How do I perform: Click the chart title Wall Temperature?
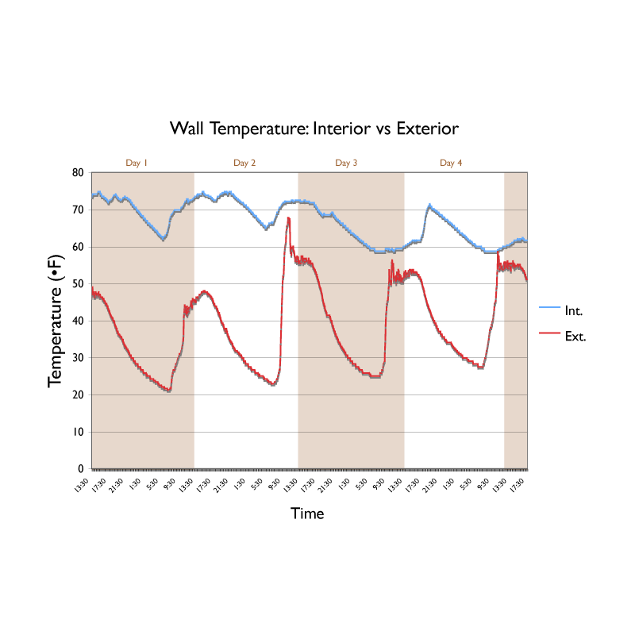click(x=314, y=128)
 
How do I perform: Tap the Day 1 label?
click(x=137, y=163)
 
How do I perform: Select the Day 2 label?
click(x=244, y=163)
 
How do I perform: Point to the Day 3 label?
click(x=346, y=163)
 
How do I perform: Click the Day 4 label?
click(x=451, y=163)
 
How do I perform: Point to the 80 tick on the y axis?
click(x=78, y=173)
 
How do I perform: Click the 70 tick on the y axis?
click(x=78, y=210)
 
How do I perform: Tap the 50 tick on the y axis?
click(x=78, y=284)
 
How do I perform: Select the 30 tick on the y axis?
click(x=78, y=358)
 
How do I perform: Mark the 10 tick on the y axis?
click(x=78, y=432)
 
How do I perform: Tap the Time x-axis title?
click(x=307, y=514)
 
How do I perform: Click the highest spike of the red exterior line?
click(x=288, y=218)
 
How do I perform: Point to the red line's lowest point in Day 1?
click(x=169, y=391)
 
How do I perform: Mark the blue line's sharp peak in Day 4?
click(x=429, y=205)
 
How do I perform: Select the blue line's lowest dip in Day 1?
click(x=164, y=238)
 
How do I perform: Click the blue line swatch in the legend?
click(x=550, y=307)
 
